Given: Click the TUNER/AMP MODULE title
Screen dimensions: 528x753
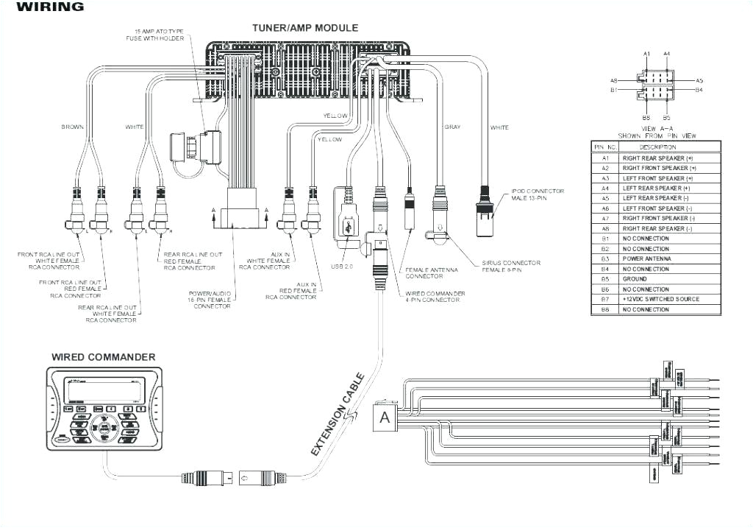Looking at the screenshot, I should pos(305,28).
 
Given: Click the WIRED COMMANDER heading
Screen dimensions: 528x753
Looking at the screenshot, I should pos(103,357).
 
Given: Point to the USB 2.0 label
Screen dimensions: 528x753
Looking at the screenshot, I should pos(343,266).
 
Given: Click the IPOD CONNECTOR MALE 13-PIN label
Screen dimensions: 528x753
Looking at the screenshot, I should pos(538,194).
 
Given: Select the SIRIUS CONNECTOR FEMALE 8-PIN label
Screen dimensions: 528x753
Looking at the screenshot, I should pos(511,266).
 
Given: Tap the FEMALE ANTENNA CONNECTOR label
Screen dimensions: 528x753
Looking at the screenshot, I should pos(432,273).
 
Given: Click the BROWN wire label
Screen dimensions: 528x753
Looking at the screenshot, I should pos(72,127).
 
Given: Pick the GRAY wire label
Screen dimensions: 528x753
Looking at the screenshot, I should pos(452,127).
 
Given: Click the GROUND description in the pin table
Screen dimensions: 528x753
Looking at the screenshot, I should pos(634,279).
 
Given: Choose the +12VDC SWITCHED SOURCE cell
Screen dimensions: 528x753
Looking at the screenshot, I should pos(660,299).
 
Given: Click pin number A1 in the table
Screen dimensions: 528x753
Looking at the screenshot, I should pos(605,158).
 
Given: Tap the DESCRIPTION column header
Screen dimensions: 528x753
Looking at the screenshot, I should pos(658,147).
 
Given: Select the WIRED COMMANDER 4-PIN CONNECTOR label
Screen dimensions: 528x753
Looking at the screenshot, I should pos(435,296).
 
